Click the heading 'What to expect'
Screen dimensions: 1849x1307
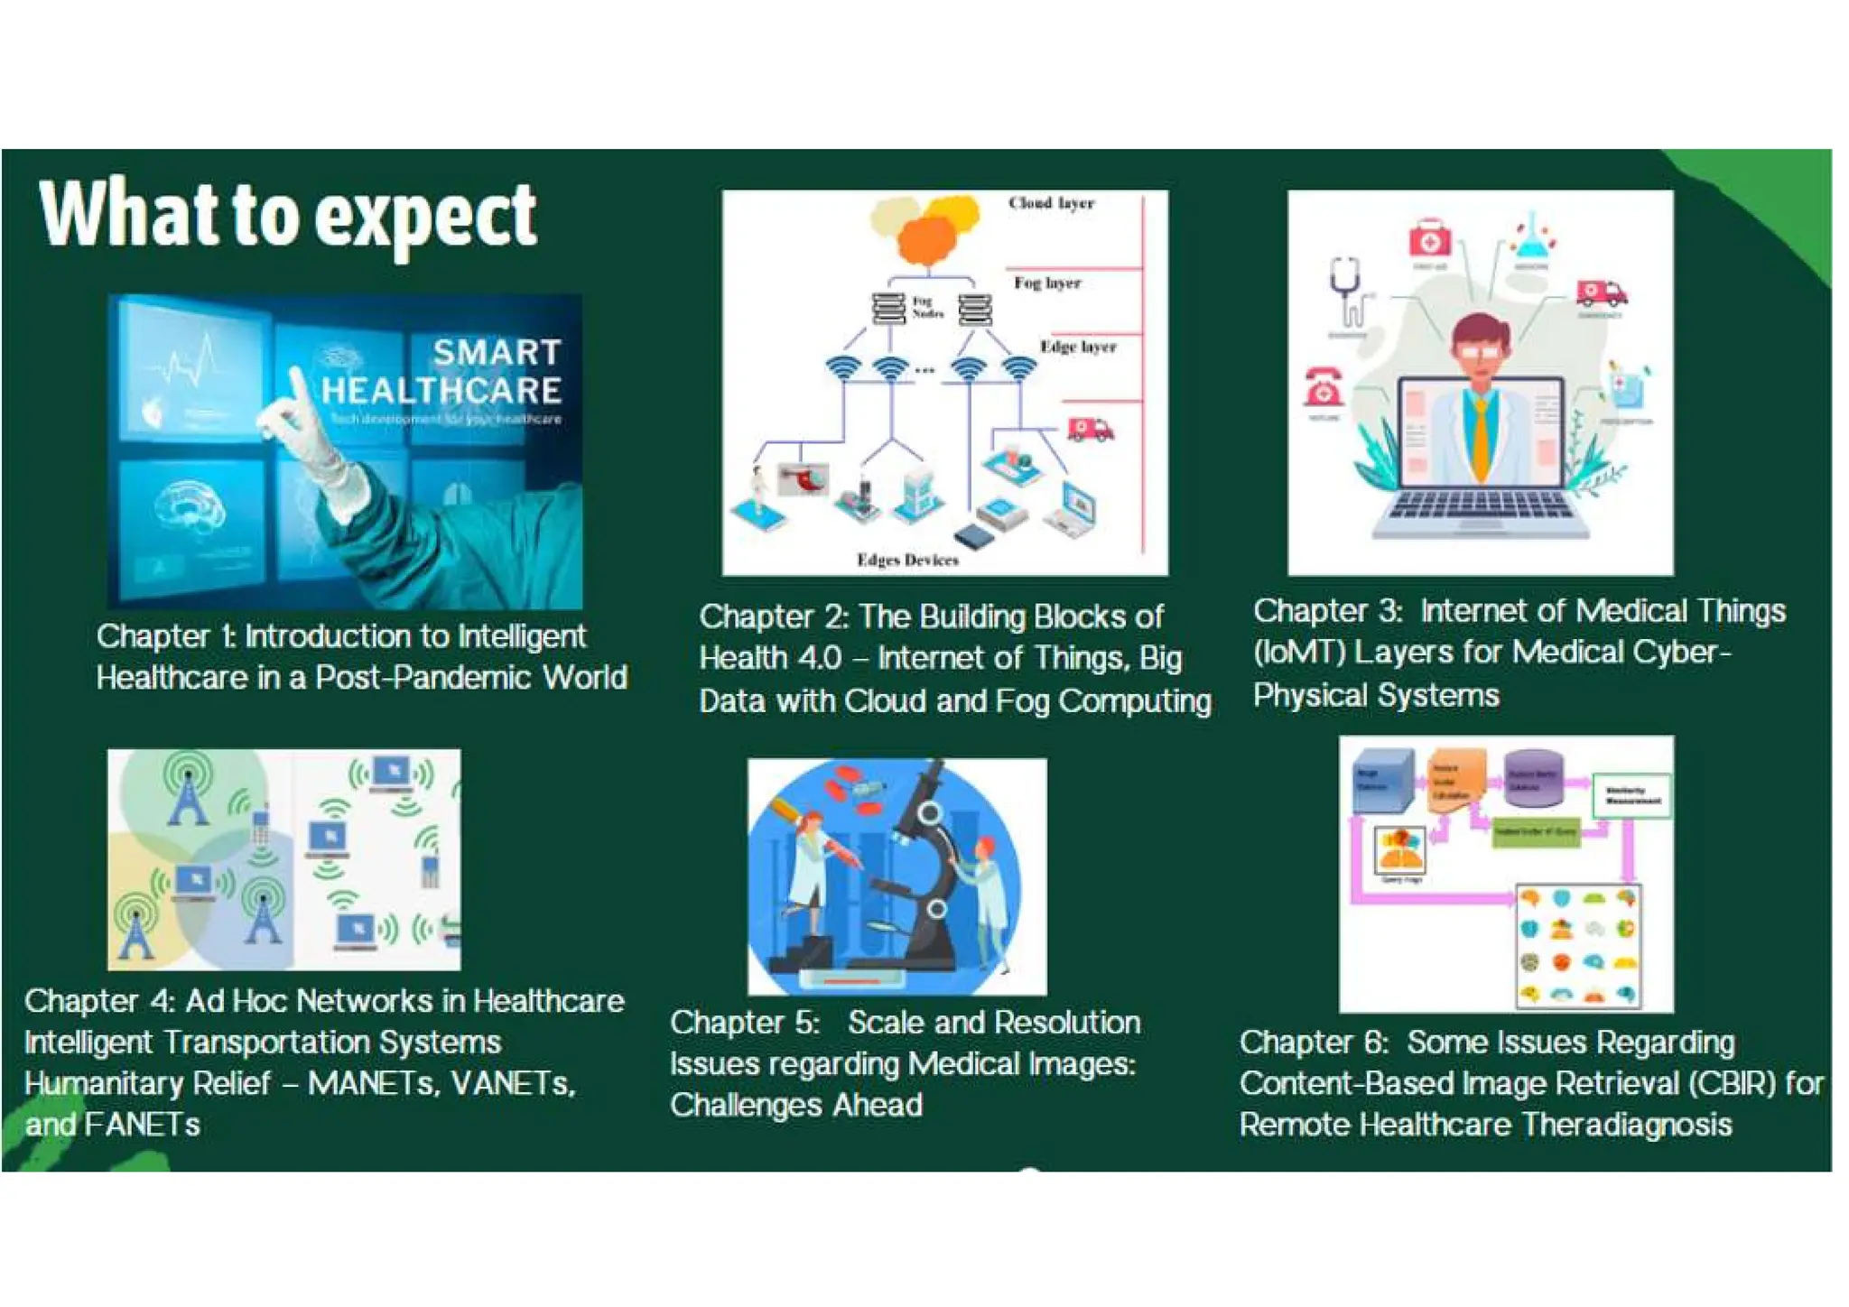click(x=289, y=217)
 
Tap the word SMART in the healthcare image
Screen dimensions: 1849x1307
click(x=497, y=352)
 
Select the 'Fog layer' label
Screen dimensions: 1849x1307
click(x=1047, y=283)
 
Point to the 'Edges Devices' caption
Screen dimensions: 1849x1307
click(x=907, y=561)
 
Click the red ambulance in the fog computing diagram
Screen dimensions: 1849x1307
click(x=1090, y=430)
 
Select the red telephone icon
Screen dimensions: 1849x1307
click(x=1324, y=388)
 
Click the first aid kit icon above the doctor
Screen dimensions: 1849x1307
click(x=1429, y=238)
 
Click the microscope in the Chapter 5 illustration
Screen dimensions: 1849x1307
click(x=930, y=867)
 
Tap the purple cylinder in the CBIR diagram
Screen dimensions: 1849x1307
click(x=1533, y=778)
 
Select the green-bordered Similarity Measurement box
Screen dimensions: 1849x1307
click(x=1631, y=796)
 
